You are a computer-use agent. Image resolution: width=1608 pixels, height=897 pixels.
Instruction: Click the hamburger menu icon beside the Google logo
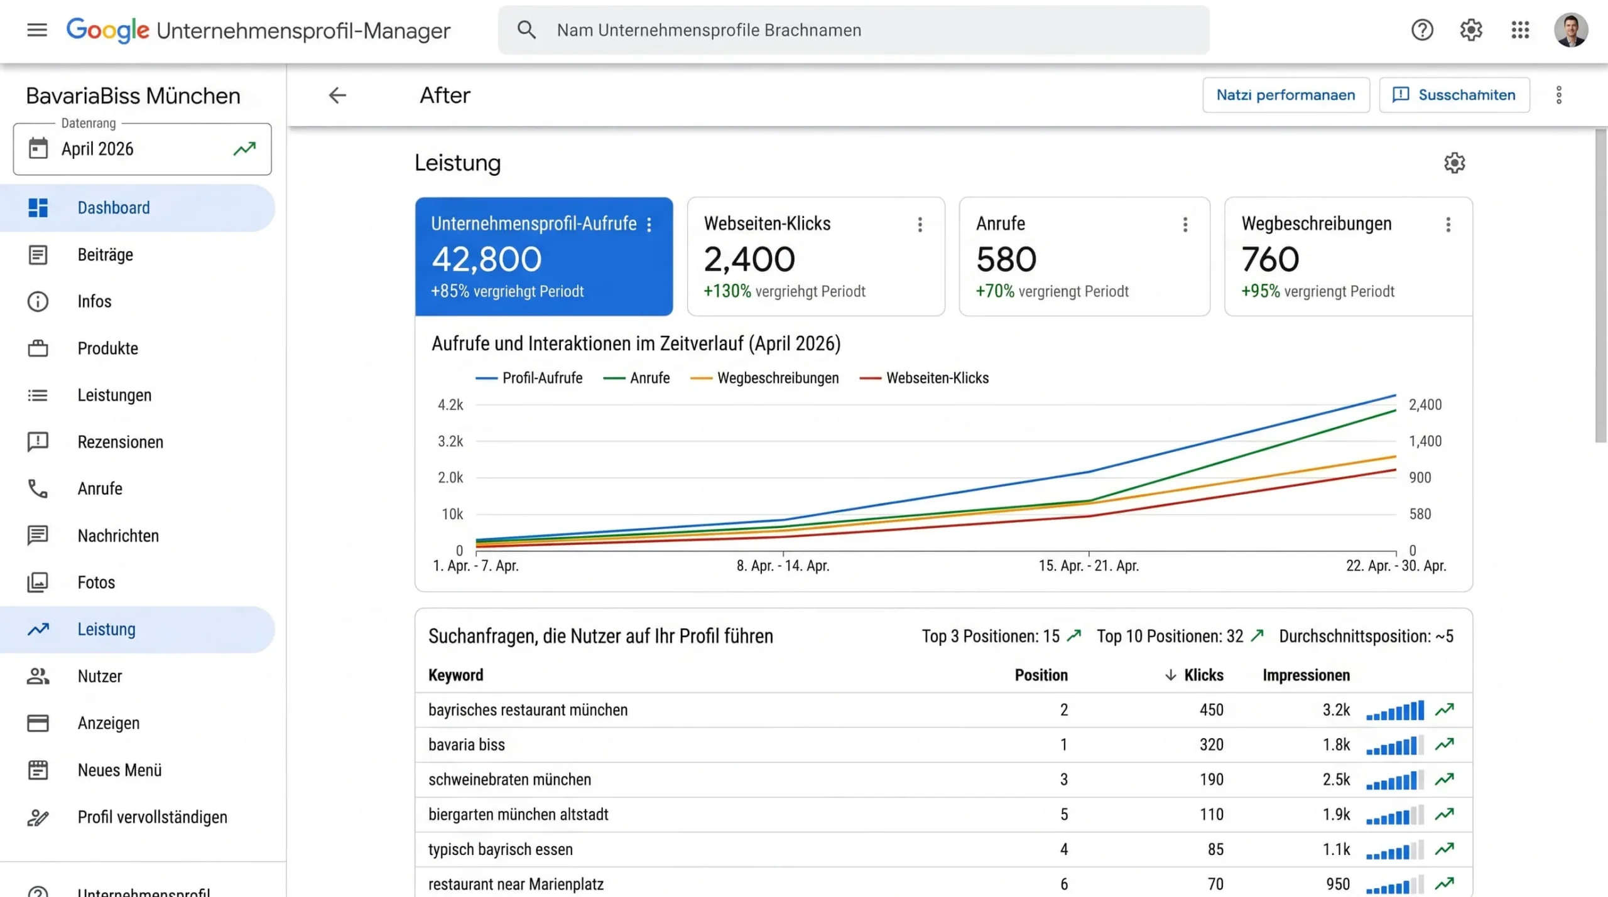[37, 30]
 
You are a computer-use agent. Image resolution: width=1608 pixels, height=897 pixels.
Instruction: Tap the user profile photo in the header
[1571, 30]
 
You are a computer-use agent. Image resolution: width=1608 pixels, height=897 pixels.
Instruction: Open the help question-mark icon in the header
[1422, 30]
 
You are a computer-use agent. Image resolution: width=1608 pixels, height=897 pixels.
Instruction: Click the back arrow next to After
[337, 95]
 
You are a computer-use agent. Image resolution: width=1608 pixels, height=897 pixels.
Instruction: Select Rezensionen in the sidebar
[120, 442]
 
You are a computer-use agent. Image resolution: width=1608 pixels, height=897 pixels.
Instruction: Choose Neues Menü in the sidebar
[119, 770]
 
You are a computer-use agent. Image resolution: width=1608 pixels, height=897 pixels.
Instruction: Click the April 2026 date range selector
[143, 149]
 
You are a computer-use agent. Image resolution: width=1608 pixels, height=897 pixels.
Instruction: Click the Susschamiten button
[1454, 95]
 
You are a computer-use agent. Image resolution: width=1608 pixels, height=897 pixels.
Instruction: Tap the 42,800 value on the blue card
[486, 259]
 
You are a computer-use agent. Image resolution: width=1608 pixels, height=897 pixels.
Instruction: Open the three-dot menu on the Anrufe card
[1185, 224]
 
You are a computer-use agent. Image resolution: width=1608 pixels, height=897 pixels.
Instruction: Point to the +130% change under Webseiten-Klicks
[727, 291]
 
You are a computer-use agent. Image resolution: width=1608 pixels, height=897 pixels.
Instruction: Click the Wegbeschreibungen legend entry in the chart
[778, 378]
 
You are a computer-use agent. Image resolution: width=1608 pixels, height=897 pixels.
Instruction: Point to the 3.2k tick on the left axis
[450, 441]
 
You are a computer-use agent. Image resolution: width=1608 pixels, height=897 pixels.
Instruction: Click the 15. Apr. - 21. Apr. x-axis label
[1089, 566]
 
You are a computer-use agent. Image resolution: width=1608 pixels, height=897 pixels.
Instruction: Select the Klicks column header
[1203, 675]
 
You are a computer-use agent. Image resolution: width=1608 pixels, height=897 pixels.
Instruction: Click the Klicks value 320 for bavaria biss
[1211, 744]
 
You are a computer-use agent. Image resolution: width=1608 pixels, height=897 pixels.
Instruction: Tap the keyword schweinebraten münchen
[509, 780]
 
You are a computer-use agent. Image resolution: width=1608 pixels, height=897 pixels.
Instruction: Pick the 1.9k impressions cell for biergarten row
[1336, 814]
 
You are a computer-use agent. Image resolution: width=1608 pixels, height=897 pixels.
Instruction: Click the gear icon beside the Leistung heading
[1454, 163]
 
